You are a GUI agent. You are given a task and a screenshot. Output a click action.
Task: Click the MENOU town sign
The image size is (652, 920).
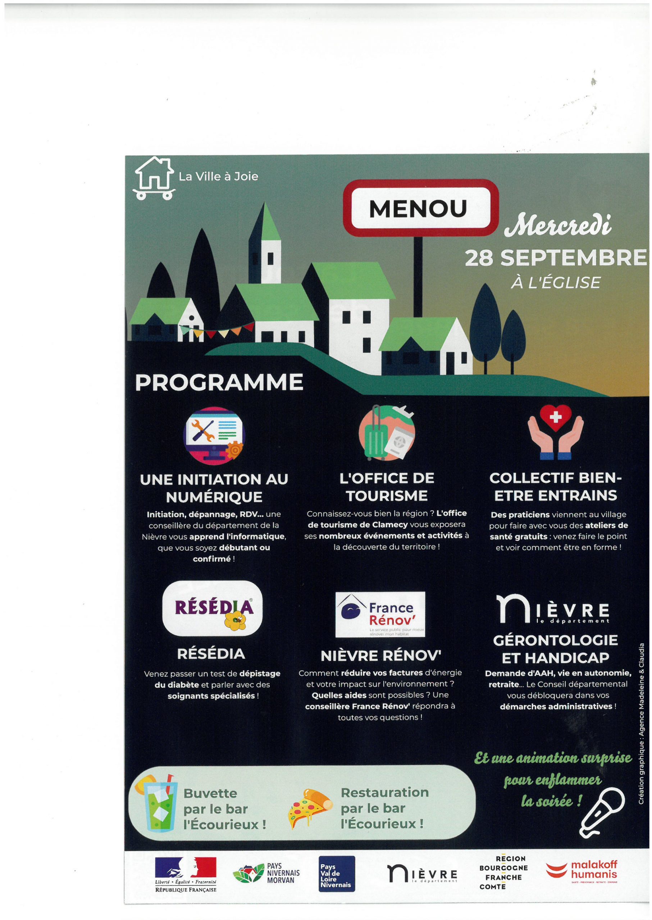[421, 208]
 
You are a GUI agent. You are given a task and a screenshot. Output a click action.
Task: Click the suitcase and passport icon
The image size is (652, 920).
[386, 433]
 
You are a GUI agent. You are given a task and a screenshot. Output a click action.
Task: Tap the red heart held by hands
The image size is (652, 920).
[555, 418]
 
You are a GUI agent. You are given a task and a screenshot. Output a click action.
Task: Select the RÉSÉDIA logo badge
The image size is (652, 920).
[213, 608]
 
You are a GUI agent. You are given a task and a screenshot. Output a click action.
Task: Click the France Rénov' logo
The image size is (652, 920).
[380, 614]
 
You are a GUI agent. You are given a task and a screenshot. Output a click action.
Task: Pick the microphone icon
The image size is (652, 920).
[602, 812]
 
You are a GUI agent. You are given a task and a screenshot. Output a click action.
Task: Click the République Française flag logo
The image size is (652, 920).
[186, 875]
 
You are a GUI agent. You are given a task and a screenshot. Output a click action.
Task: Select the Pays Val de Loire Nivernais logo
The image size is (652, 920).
[337, 873]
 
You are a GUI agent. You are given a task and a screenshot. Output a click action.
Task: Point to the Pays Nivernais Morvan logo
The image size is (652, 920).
[266, 873]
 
